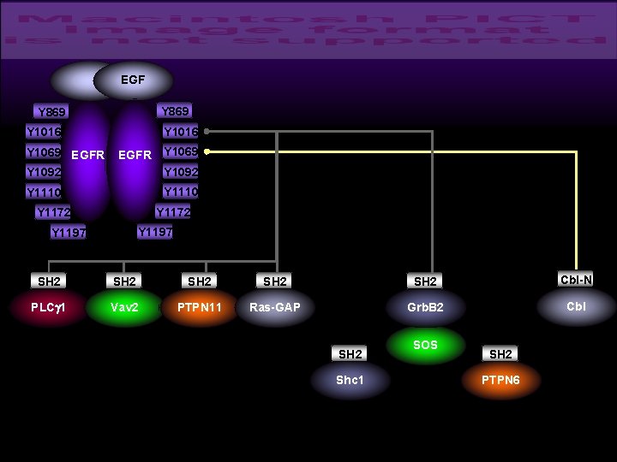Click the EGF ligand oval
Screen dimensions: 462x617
pyautogui.click(x=133, y=80)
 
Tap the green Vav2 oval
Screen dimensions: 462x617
pyautogui.click(x=124, y=307)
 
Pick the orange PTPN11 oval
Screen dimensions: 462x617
pyautogui.click(x=200, y=307)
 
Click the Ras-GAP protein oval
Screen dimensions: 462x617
pyautogui.click(x=275, y=307)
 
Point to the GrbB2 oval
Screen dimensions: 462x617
pyautogui.click(x=425, y=307)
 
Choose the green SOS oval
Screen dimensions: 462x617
pyautogui.click(x=425, y=346)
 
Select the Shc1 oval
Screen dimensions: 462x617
pyautogui.click(x=350, y=380)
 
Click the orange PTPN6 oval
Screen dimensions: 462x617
pyautogui.click(x=501, y=380)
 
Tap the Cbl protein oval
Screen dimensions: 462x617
pyautogui.click(x=577, y=306)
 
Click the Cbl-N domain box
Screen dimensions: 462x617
pyautogui.click(x=577, y=280)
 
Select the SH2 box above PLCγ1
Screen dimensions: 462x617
pyautogui.click(x=49, y=281)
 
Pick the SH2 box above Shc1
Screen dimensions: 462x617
pyautogui.click(x=350, y=354)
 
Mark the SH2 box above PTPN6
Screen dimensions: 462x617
pyautogui.click(x=501, y=354)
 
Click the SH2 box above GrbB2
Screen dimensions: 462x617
pyautogui.click(x=425, y=281)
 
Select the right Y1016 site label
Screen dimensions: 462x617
pyautogui.click(x=181, y=132)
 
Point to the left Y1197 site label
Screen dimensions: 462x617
pyautogui.click(x=69, y=232)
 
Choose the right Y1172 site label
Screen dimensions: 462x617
pyautogui.click(x=173, y=211)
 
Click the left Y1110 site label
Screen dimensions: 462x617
pyautogui.click(x=44, y=192)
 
